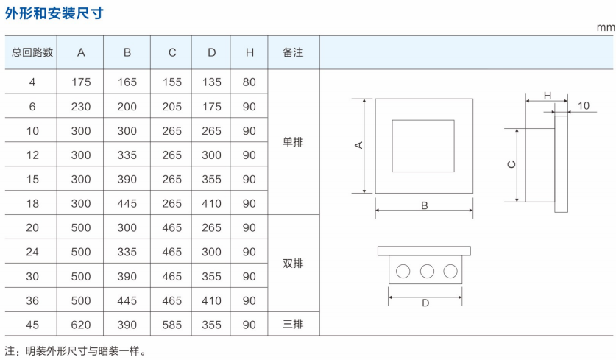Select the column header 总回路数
(x=32, y=52)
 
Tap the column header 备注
(x=293, y=52)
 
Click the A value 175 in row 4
(x=81, y=82)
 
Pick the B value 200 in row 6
(x=127, y=107)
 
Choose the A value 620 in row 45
(x=81, y=324)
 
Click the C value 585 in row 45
(x=171, y=324)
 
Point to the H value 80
(x=249, y=82)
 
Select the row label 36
(x=32, y=300)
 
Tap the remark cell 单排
(x=293, y=143)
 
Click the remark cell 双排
(x=293, y=264)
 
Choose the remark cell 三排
(x=293, y=324)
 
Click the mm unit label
(x=605, y=28)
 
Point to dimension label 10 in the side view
(x=583, y=106)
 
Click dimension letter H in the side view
(x=547, y=96)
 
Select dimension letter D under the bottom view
(x=425, y=303)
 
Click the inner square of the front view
(x=422, y=145)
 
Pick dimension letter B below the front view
(x=425, y=205)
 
